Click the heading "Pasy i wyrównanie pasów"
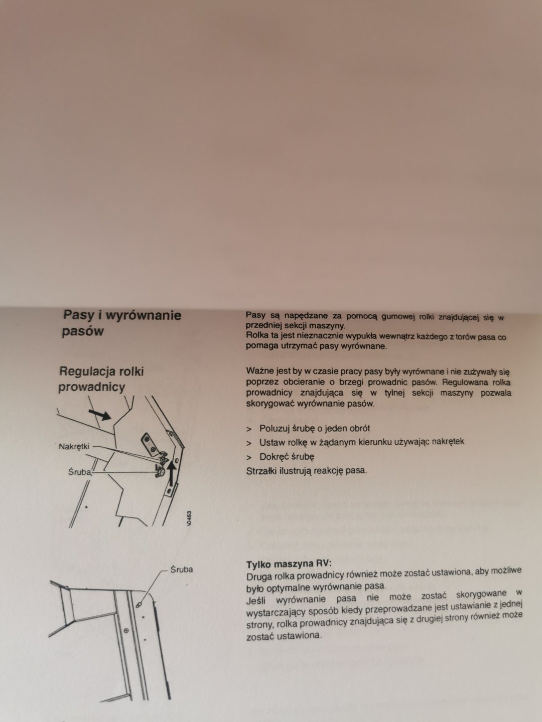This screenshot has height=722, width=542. (122, 323)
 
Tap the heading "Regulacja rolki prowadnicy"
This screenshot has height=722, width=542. (101, 379)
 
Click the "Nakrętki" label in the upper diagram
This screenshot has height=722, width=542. (74, 447)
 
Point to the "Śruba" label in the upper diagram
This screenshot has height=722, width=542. (80, 472)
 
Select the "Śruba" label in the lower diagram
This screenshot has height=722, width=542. (182, 570)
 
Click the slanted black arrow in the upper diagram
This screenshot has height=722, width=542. (100, 415)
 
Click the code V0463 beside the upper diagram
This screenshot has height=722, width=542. (188, 518)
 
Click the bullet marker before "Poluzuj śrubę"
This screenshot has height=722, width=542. (249, 429)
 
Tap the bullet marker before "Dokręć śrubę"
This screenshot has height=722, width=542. (249, 458)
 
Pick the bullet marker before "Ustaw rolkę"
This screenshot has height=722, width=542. (249, 443)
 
